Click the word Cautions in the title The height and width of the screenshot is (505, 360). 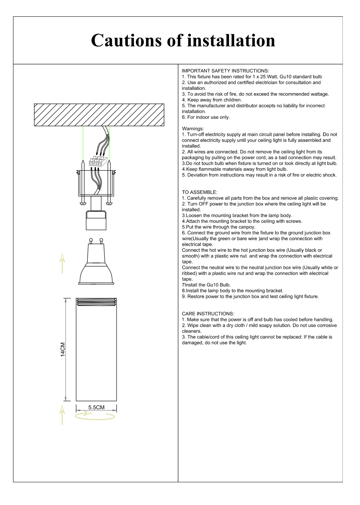[126, 41]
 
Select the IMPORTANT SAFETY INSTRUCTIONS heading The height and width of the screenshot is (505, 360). [225, 71]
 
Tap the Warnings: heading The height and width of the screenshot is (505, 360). [193, 129]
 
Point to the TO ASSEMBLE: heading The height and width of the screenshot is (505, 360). [199, 192]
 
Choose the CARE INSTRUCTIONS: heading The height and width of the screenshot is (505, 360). [208, 314]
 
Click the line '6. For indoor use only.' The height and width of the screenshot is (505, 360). [206, 117]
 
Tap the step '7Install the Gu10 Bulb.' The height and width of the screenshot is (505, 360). [206, 285]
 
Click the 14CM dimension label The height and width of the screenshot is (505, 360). [63, 349]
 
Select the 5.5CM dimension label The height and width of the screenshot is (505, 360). [96, 407]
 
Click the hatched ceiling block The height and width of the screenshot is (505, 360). [99, 115]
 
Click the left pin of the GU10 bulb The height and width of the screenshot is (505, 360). [91, 241]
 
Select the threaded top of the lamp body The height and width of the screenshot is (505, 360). [96, 301]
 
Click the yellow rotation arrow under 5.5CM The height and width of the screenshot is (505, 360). [95, 416]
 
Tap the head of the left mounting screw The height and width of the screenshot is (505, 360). [83, 203]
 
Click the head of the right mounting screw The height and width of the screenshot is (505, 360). [109, 203]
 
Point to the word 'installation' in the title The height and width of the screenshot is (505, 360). [231, 41]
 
